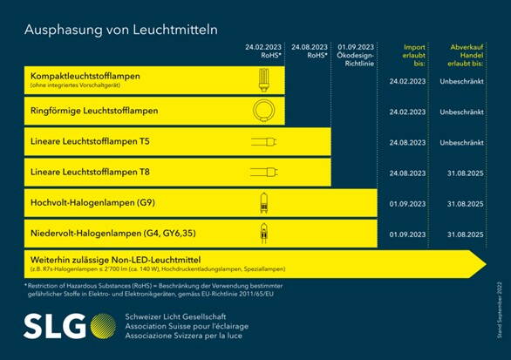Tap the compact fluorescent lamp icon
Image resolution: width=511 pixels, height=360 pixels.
pyautogui.click(x=262, y=80)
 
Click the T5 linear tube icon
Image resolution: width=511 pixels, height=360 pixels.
pyautogui.click(x=262, y=141)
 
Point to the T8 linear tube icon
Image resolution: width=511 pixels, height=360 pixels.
pyautogui.click(x=262, y=173)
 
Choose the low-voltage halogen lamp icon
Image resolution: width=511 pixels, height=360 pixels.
pyautogui.click(x=262, y=233)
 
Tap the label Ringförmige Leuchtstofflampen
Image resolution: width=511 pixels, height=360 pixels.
pyautogui.click(x=94, y=112)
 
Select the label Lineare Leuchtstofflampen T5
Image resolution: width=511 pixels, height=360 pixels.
pyautogui.click(x=91, y=141)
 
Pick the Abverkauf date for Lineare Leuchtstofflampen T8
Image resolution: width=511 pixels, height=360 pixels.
pyautogui.click(x=462, y=173)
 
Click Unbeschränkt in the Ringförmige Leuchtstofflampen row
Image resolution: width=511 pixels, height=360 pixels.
pyautogui.click(x=462, y=112)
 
